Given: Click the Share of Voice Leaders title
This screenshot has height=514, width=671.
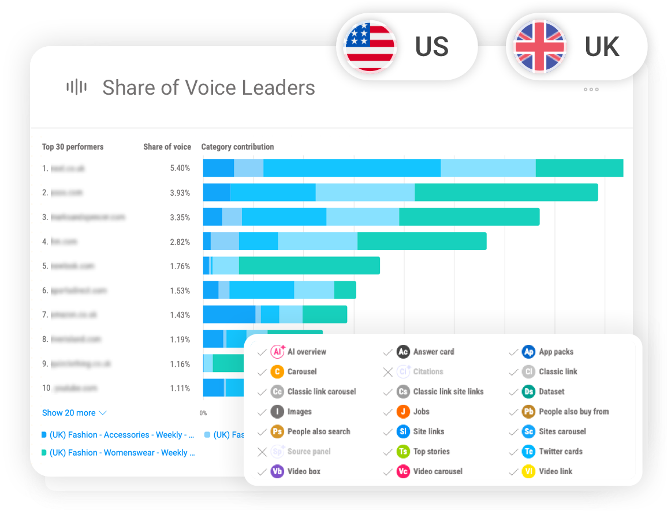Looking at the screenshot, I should (208, 88).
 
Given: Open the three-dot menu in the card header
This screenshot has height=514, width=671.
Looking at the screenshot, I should (591, 90).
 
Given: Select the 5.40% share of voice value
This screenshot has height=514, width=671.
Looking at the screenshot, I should (180, 168).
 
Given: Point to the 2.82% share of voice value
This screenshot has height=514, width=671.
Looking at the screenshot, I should (180, 242).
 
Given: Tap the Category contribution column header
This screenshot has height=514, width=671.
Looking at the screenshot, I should (237, 147).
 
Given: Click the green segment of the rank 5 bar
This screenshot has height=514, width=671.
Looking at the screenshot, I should (309, 266).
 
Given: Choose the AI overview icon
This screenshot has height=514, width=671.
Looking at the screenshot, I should (278, 352).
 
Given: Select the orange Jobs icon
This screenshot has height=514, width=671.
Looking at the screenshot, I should (403, 412).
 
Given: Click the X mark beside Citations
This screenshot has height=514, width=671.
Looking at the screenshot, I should (388, 372).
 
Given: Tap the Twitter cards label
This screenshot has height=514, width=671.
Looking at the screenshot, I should (560, 452).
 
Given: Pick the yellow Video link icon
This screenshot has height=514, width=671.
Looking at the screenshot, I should (528, 471).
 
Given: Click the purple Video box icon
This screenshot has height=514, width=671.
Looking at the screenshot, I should (278, 471).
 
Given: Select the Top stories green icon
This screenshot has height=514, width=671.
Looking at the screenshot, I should (403, 452).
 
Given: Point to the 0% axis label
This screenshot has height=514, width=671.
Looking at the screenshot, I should (203, 413).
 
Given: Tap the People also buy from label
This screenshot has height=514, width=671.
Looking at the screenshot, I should (573, 412).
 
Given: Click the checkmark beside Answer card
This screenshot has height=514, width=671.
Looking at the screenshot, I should (388, 352).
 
